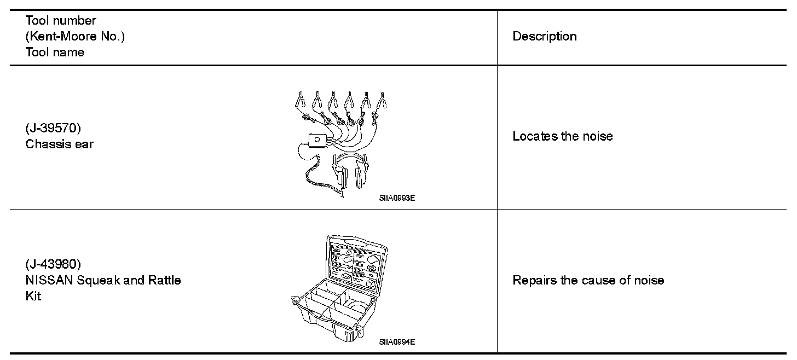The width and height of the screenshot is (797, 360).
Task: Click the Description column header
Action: [x=544, y=37]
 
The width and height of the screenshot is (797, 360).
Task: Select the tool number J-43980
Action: [x=53, y=265]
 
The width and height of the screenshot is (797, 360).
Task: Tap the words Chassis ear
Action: [x=59, y=145]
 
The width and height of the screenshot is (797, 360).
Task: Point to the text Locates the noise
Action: [x=562, y=136]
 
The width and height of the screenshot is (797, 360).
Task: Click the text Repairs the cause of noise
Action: [x=588, y=281]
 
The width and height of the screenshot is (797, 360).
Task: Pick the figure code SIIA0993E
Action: [x=397, y=199]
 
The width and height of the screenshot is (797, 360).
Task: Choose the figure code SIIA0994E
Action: [x=397, y=342]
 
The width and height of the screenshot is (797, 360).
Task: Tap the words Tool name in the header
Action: [x=55, y=53]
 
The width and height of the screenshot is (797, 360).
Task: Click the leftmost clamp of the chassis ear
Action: [x=300, y=100]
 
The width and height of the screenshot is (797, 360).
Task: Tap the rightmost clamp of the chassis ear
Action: [x=382, y=100]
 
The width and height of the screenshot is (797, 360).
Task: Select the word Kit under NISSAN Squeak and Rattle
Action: [x=33, y=297]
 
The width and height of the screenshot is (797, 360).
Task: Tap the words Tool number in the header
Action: [x=61, y=21]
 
